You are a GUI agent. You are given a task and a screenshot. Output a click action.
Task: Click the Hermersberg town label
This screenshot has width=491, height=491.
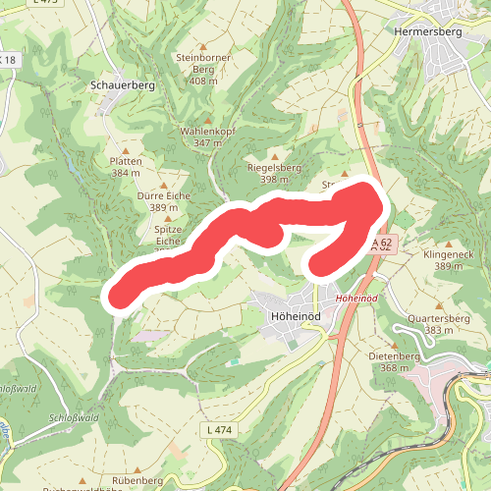point(426,31)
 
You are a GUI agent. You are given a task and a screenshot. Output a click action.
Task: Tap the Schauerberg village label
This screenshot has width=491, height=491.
point(123,85)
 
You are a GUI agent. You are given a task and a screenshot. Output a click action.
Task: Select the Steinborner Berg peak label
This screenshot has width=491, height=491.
point(203,69)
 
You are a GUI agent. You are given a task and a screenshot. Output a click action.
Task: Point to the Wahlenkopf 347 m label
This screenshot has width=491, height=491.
point(208,136)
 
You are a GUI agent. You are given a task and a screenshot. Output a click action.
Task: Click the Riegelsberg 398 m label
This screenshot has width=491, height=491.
point(274,174)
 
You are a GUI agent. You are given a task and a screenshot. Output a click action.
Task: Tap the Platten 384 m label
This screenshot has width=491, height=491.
point(127,166)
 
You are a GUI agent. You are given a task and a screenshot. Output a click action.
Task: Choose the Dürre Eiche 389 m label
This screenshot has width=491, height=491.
point(164,201)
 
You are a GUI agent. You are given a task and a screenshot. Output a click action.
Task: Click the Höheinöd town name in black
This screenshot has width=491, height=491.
point(295,315)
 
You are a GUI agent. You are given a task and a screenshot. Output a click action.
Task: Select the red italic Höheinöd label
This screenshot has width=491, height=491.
point(356,297)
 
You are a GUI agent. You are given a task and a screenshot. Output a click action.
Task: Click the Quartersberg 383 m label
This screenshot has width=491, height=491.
point(438,324)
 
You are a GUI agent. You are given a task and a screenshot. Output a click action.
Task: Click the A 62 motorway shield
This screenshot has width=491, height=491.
point(382,243)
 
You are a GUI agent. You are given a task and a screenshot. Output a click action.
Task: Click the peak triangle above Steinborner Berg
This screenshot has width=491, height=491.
point(203,45)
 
